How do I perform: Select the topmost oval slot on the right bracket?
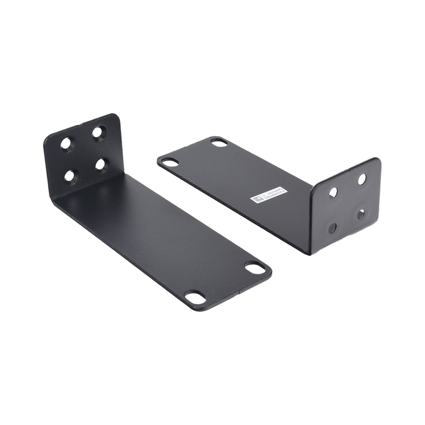(x=218, y=141)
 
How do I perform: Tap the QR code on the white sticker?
(x=256, y=200)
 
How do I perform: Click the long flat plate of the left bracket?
(x=170, y=239)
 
